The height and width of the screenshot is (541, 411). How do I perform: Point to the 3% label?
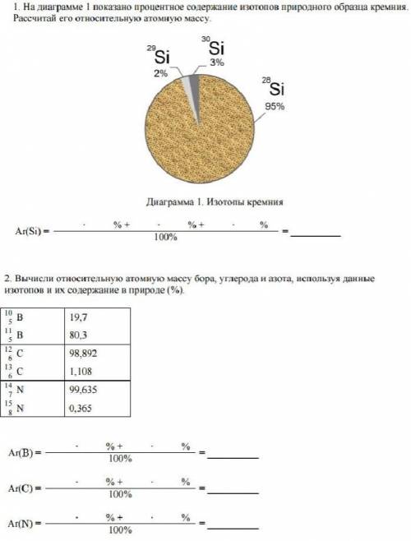click(216, 62)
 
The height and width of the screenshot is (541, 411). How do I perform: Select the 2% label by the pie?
click(159, 73)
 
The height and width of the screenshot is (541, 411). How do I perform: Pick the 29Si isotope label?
click(159, 57)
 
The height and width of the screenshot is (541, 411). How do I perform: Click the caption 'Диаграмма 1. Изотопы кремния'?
click(215, 201)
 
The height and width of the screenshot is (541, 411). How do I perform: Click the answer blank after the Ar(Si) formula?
click(316, 232)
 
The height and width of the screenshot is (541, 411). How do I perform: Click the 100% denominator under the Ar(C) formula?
click(120, 495)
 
